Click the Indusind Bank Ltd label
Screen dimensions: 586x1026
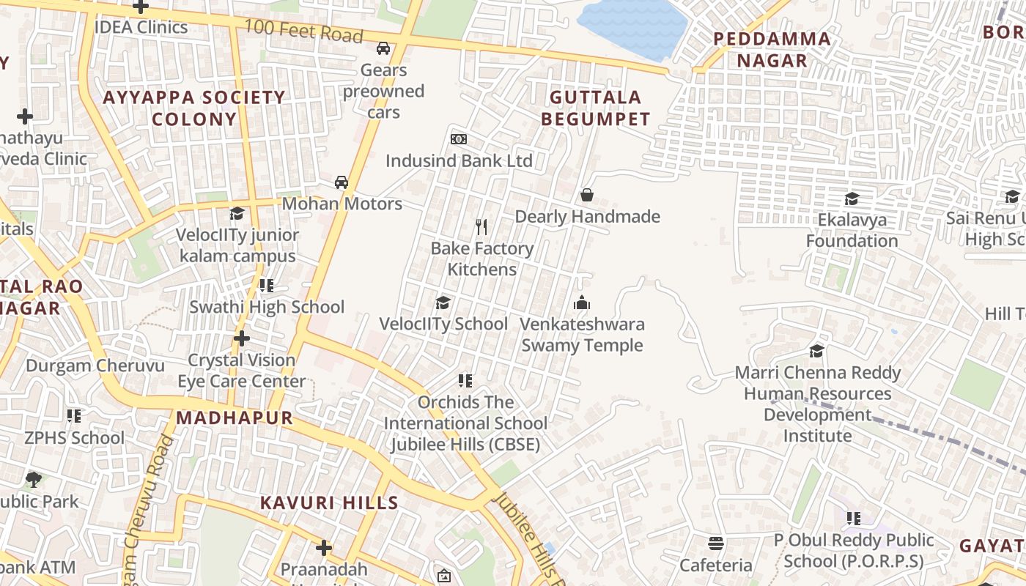(x=459, y=160)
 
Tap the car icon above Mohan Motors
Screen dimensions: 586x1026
(x=342, y=182)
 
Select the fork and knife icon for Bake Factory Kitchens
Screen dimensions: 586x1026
(x=481, y=227)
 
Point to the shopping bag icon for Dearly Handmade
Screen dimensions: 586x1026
(x=587, y=195)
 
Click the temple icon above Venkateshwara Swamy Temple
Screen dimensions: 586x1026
(x=582, y=303)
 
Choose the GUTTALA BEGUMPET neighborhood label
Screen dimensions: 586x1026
(x=595, y=108)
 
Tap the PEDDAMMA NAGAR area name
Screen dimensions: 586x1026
(x=772, y=50)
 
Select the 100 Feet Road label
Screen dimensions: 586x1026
(x=303, y=31)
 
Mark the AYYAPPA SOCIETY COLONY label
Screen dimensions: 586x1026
(x=194, y=108)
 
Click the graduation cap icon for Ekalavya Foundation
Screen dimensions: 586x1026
(x=852, y=199)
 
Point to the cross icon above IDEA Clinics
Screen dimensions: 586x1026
(x=141, y=7)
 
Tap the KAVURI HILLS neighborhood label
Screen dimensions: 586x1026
(x=330, y=503)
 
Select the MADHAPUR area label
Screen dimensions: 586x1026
(x=235, y=418)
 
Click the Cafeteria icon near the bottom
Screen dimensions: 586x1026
(x=716, y=544)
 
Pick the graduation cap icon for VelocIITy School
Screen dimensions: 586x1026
(x=443, y=303)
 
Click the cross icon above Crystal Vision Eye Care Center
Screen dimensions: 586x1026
(x=242, y=338)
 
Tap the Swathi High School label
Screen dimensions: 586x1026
(x=267, y=307)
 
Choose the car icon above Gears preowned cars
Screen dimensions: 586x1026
(x=383, y=48)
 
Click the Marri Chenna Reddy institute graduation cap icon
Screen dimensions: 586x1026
(x=816, y=351)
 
